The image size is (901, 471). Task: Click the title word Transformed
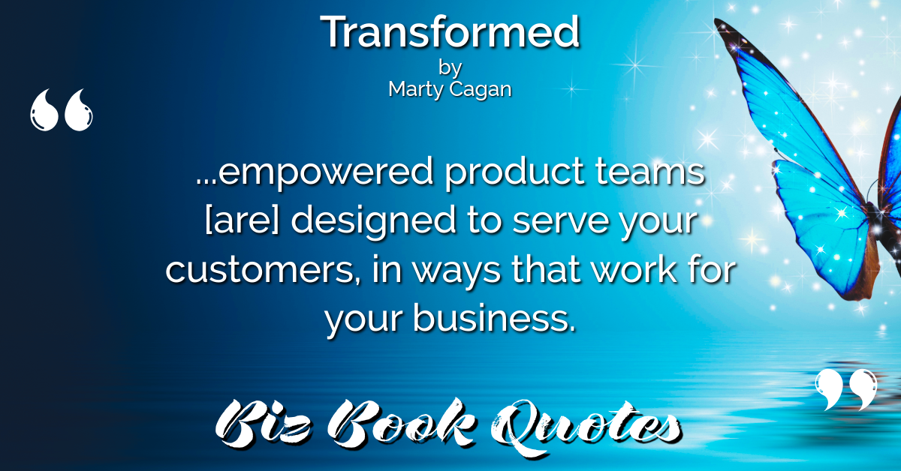[450, 32]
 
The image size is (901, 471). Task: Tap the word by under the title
[450, 68]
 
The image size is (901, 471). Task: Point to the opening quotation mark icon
[61, 110]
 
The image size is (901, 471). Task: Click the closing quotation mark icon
[846, 389]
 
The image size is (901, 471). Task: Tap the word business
[494, 317]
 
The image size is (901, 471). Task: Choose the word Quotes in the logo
[585, 426]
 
